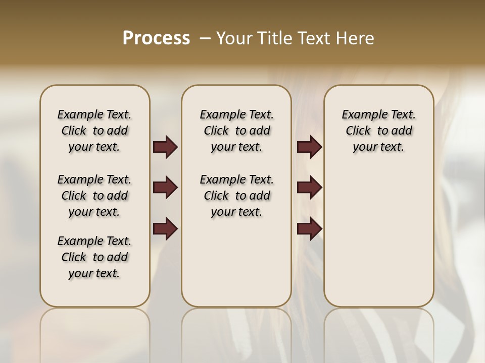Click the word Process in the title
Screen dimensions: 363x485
point(156,38)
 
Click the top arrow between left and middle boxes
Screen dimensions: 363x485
point(165,147)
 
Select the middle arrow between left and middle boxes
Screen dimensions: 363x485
point(165,188)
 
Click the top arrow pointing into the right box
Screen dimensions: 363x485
point(309,147)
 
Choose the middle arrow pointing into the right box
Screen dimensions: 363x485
point(309,188)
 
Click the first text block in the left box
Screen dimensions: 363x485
point(94,131)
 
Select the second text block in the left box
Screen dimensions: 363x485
point(94,196)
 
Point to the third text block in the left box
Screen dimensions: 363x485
point(94,257)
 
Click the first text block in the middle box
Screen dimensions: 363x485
point(236,131)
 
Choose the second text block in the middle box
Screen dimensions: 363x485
point(236,196)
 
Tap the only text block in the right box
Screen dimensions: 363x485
point(378,131)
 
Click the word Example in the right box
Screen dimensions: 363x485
point(360,115)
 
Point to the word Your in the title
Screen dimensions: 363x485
point(234,38)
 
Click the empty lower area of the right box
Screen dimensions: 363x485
point(378,242)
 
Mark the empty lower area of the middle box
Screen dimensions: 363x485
point(236,262)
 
